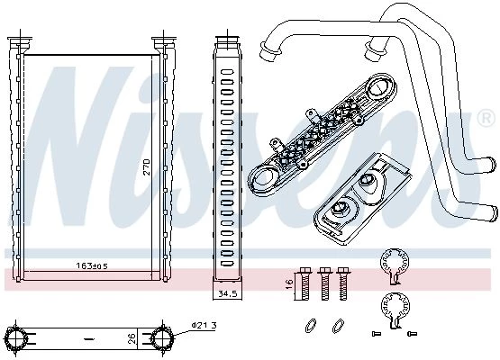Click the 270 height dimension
(x=146, y=166)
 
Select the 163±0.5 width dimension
(x=92, y=265)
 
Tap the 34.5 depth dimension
(x=227, y=293)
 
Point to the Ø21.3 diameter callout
(x=205, y=325)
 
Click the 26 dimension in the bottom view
(x=132, y=337)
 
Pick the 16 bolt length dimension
(x=289, y=283)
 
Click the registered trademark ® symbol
(x=487, y=118)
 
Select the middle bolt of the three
(x=325, y=283)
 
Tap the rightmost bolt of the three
(x=343, y=283)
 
